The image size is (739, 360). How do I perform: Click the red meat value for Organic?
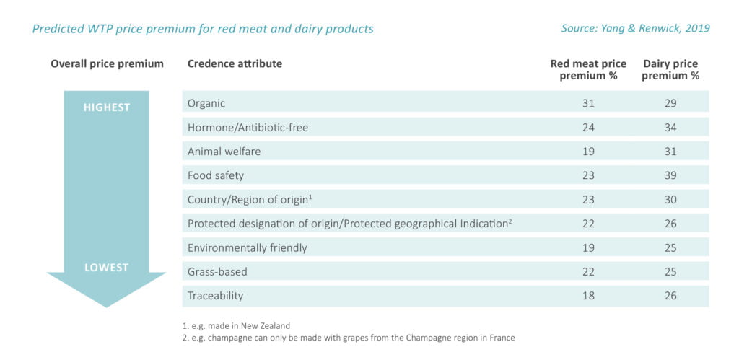click(588, 103)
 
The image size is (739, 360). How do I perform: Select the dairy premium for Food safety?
click(670, 176)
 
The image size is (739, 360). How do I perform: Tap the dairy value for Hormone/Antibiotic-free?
click(670, 127)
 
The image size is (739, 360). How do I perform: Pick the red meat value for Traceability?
click(588, 296)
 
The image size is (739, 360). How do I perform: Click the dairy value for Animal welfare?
click(670, 152)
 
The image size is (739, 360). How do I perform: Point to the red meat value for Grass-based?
click(588, 272)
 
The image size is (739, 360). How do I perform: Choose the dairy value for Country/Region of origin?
click(670, 200)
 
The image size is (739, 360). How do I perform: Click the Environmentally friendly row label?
click(247, 248)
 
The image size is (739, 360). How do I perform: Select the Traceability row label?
click(215, 296)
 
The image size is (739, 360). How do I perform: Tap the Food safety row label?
click(215, 176)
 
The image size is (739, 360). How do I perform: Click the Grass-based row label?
click(217, 272)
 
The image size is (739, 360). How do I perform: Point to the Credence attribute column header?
click(235, 63)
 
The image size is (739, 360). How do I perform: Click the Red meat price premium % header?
click(588, 70)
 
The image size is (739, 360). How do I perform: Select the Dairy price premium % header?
click(670, 70)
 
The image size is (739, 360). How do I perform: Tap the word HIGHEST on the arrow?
click(107, 107)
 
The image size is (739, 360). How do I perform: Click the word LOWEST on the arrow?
click(107, 268)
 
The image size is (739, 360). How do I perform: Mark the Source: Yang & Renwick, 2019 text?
click(635, 28)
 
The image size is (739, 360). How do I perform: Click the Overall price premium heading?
click(107, 64)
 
